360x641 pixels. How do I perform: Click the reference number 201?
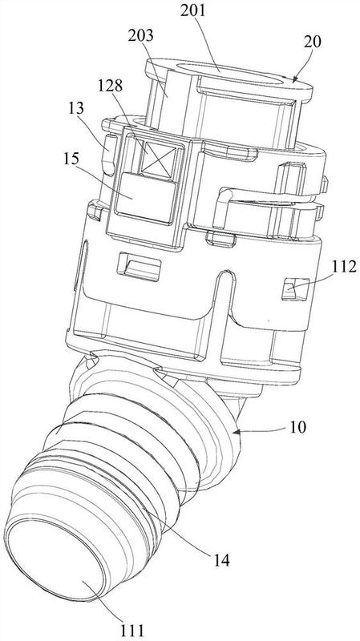click(193, 11)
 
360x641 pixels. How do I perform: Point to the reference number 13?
click(75, 109)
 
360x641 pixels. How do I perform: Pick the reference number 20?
click(312, 42)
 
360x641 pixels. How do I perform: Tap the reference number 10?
click(297, 428)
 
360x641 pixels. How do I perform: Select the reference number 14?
click(220, 559)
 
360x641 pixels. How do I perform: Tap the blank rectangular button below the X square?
click(145, 197)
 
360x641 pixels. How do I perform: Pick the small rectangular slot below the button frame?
click(139, 267)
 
